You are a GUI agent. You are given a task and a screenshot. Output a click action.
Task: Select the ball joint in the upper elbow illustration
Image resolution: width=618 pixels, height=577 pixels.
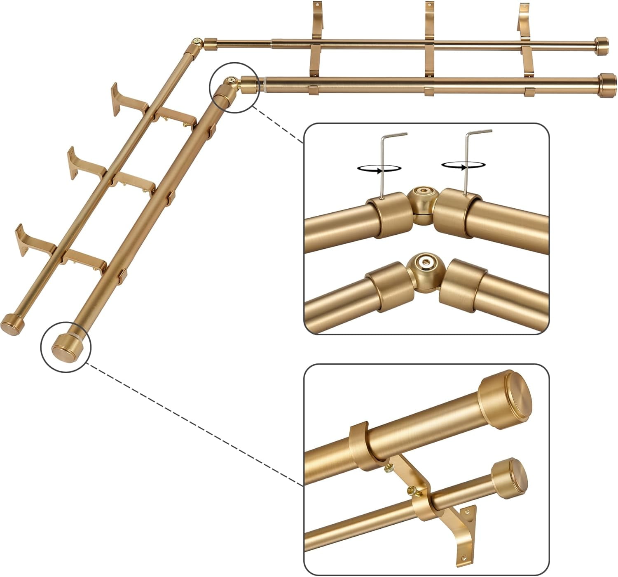(x=423, y=200)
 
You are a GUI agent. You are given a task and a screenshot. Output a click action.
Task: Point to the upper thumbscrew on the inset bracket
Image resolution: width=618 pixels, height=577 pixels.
(x=389, y=469)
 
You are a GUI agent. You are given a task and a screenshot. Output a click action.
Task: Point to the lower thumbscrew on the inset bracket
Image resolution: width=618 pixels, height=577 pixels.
(x=412, y=490)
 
